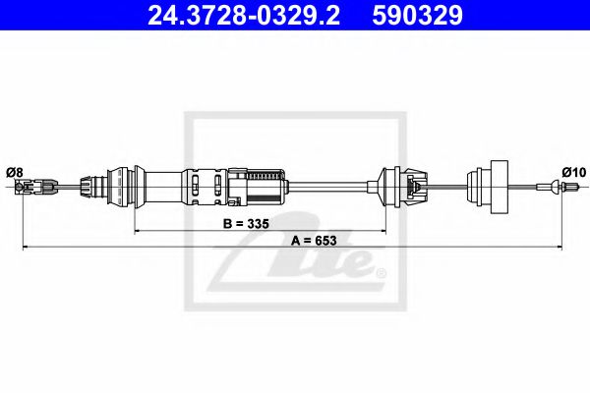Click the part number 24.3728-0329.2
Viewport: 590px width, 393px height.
[x=244, y=15]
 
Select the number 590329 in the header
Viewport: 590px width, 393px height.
[x=417, y=15]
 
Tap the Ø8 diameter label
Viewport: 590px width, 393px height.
[x=15, y=172]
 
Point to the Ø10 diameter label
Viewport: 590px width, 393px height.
[x=574, y=172]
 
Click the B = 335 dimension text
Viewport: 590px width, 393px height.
[x=246, y=224]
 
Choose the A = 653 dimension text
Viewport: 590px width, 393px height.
[x=314, y=241]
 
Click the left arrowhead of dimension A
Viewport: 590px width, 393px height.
[x=26, y=247]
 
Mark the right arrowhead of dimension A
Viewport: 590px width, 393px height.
[x=560, y=247]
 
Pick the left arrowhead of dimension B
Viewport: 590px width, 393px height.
[x=137, y=230]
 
